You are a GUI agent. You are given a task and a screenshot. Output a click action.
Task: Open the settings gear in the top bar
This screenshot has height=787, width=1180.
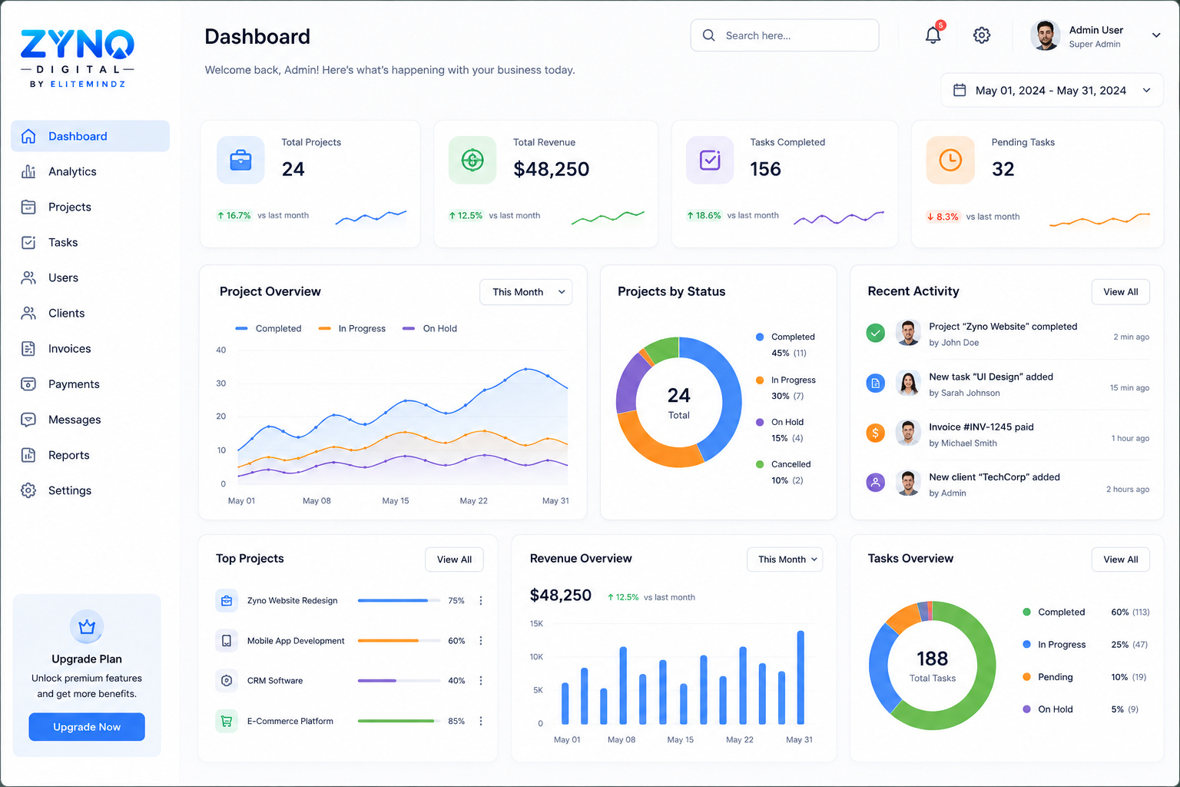click(981, 35)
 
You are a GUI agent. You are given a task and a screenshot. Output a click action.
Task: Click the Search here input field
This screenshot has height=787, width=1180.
click(784, 35)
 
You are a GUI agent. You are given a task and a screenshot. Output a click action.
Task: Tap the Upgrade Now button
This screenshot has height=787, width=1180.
click(87, 726)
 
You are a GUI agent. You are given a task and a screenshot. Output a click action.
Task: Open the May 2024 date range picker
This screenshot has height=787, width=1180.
click(1052, 90)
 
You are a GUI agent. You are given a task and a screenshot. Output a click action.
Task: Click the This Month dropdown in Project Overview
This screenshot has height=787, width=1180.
click(525, 292)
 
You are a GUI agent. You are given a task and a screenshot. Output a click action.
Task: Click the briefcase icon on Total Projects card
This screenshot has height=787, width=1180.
click(240, 161)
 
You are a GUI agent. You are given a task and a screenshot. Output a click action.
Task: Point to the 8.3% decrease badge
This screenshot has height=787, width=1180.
click(943, 217)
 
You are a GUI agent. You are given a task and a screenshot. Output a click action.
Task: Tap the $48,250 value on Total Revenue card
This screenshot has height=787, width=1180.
click(551, 169)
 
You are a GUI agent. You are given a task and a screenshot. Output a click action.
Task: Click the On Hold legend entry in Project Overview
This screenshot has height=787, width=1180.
click(429, 328)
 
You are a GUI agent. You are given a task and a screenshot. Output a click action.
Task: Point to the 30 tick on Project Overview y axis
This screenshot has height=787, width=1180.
click(220, 384)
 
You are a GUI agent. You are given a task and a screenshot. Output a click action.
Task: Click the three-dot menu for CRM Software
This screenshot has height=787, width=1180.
click(480, 680)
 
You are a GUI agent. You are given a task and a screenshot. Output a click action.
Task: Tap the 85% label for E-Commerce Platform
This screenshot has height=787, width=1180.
click(456, 721)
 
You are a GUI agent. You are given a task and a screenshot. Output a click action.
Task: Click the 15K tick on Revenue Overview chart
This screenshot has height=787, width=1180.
click(536, 623)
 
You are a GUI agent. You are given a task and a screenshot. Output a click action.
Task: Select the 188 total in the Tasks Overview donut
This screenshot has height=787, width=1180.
click(932, 659)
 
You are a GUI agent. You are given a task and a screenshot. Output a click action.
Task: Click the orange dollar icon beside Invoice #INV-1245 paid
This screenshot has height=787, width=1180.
click(876, 433)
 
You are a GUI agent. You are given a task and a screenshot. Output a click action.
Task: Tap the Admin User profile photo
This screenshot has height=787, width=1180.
click(1045, 35)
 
